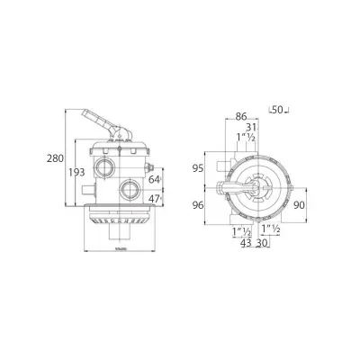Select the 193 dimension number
pyautogui.click(x=77, y=172)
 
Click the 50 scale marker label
pyautogui.click(x=277, y=111)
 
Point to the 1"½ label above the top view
pyautogui.click(x=243, y=138)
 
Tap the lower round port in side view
pyautogui.click(x=132, y=189)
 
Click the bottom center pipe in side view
pyautogui.click(x=119, y=233)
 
